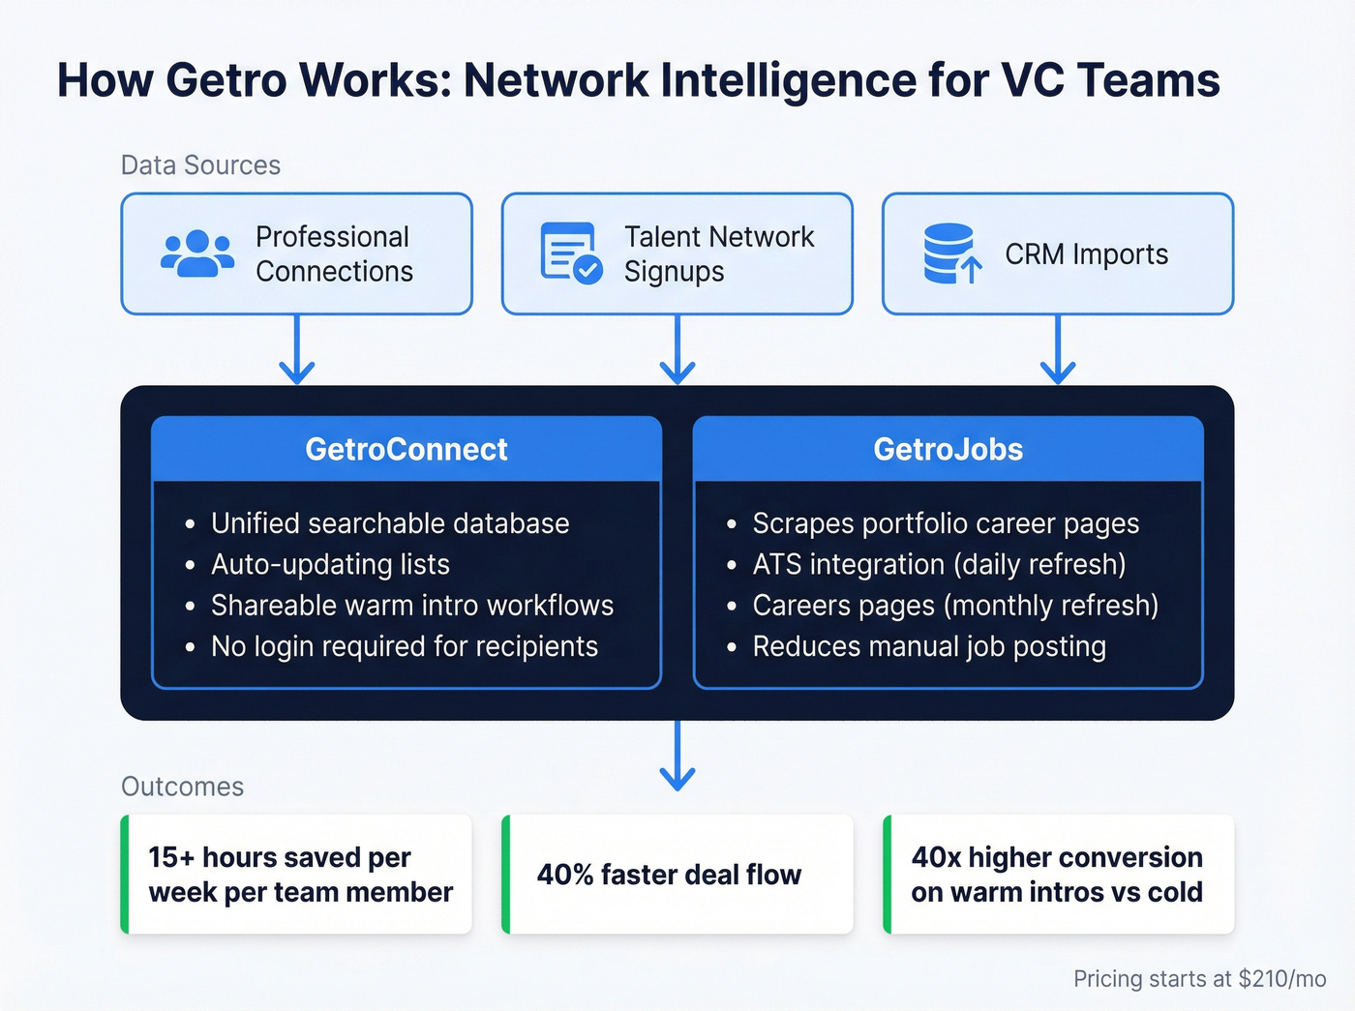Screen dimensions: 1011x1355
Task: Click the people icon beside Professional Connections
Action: (x=197, y=254)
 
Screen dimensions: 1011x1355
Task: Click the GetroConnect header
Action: (x=406, y=449)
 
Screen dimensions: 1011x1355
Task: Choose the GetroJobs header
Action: (x=948, y=449)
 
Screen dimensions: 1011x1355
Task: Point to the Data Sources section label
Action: (x=200, y=165)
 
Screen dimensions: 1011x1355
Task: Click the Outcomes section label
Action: (x=182, y=787)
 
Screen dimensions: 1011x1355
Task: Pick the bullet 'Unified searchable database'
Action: (x=390, y=523)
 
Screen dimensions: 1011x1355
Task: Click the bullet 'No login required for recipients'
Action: (x=405, y=646)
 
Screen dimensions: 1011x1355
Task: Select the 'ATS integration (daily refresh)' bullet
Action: (x=939, y=564)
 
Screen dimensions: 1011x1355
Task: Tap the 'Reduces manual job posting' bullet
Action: (x=929, y=646)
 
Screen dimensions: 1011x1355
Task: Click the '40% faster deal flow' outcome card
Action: (x=677, y=875)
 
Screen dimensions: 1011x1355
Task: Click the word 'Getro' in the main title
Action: (x=226, y=80)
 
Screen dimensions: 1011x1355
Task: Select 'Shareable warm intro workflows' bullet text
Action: (x=412, y=606)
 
